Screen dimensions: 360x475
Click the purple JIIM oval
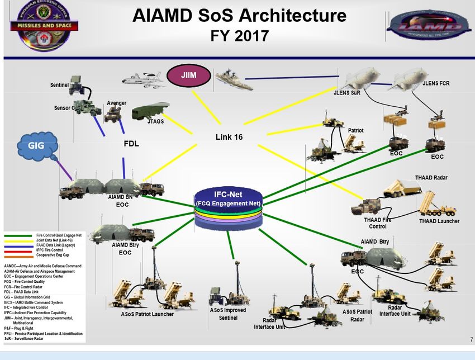point(188,75)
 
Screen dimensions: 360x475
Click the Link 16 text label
point(229,137)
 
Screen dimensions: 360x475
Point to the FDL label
point(131,143)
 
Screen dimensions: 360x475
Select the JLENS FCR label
point(436,83)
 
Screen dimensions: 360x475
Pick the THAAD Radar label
point(431,178)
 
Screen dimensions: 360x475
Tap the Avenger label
point(116,103)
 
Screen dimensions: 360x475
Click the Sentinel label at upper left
point(59,85)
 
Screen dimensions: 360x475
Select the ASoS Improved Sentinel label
point(227,314)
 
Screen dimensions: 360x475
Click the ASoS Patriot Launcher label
point(148,314)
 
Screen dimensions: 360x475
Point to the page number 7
point(472,340)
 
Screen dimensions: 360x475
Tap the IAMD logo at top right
point(429,26)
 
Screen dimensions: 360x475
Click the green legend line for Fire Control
point(18,235)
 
